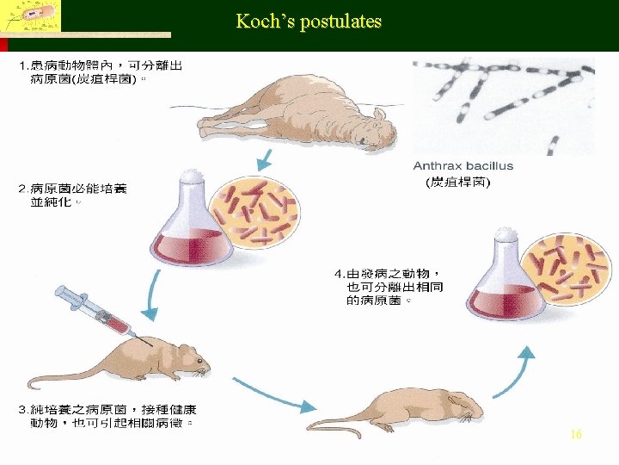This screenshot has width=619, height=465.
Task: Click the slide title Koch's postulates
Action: (309, 22)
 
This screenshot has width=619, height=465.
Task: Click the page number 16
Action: (576, 435)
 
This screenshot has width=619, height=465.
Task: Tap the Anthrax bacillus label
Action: (463, 165)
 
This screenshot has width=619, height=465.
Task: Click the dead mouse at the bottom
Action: (404, 410)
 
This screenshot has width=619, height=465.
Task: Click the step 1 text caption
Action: (99, 72)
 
